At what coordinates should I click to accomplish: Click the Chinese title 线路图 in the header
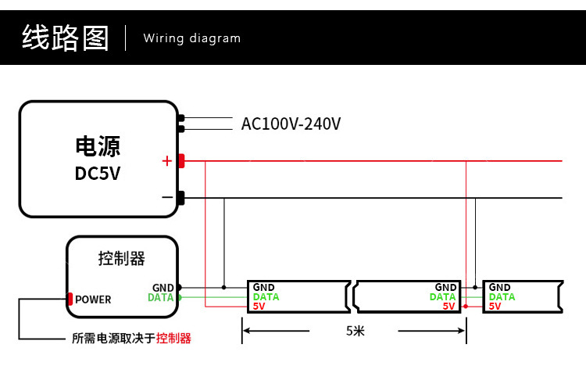(x=65, y=38)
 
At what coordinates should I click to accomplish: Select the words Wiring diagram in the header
(x=192, y=38)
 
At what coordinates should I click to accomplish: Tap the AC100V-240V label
(x=291, y=124)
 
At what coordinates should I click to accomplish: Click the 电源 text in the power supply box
(x=98, y=146)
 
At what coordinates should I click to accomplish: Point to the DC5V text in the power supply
(x=98, y=173)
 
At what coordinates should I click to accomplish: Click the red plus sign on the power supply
(x=166, y=161)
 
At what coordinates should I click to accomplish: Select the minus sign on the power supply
(x=166, y=198)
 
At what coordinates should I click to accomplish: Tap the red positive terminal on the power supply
(x=180, y=161)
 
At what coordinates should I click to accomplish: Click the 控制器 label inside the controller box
(x=122, y=258)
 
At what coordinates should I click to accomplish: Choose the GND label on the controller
(x=163, y=288)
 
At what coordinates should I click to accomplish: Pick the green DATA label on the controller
(x=160, y=298)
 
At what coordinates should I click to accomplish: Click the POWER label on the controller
(x=93, y=300)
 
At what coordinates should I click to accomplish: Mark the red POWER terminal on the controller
(x=70, y=299)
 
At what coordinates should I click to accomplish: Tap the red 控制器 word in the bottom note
(x=173, y=339)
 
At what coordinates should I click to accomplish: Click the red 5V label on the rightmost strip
(x=495, y=307)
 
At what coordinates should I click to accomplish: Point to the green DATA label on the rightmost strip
(x=502, y=297)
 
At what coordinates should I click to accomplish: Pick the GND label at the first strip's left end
(x=263, y=288)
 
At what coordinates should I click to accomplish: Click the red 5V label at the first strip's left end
(x=259, y=307)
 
